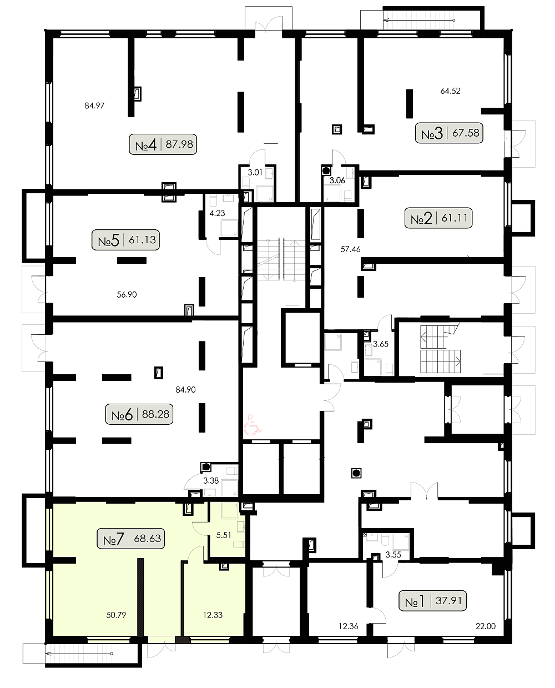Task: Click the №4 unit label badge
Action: (163, 144)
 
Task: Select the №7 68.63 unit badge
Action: (131, 539)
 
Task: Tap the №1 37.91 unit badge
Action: (433, 600)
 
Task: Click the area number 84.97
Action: (94, 106)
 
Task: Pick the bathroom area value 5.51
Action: (224, 535)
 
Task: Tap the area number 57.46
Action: (350, 249)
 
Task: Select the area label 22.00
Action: (486, 626)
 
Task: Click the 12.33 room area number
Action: (213, 615)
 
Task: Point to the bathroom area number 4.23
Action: (218, 213)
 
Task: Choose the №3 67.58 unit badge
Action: (449, 133)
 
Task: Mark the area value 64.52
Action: (451, 91)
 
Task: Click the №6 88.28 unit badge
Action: (139, 414)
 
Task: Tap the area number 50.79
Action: (116, 615)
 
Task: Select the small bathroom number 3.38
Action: (211, 481)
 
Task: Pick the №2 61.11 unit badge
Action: (438, 218)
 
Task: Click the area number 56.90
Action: (127, 294)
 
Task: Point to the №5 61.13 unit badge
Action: (125, 240)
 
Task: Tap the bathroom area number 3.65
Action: (381, 344)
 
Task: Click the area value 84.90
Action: (185, 390)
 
